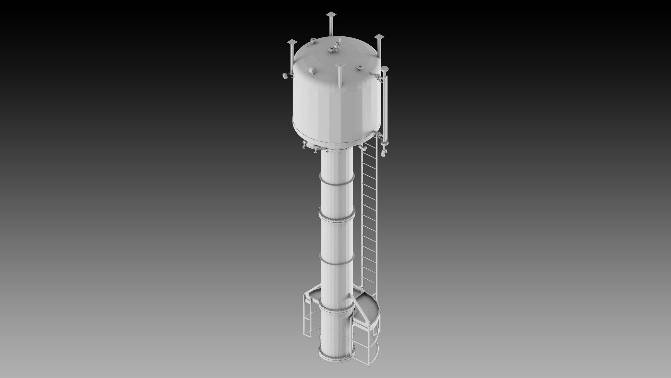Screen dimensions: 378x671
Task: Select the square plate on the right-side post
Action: pos(379,37)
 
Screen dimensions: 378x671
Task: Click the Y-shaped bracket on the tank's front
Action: pos(340,69)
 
